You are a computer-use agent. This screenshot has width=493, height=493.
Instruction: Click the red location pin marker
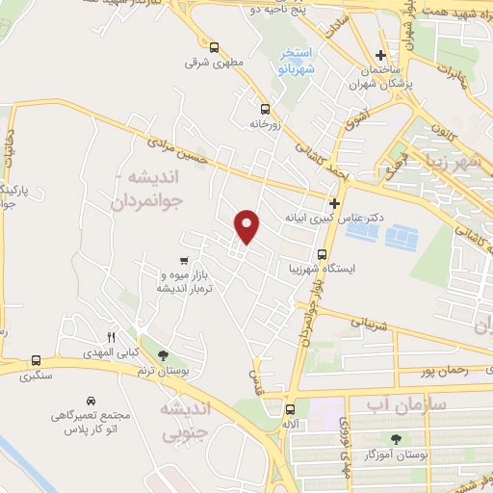[248, 226]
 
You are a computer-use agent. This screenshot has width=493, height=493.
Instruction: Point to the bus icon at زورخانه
[264, 108]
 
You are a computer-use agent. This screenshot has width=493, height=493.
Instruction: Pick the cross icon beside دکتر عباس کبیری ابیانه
[334, 203]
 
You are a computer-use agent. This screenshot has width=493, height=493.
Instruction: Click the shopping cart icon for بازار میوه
[183, 260]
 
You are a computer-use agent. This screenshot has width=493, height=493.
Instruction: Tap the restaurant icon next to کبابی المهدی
[110, 336]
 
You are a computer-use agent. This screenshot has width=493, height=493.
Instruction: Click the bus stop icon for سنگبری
[36, 359]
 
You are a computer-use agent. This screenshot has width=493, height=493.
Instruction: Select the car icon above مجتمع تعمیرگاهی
[89, 400]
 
